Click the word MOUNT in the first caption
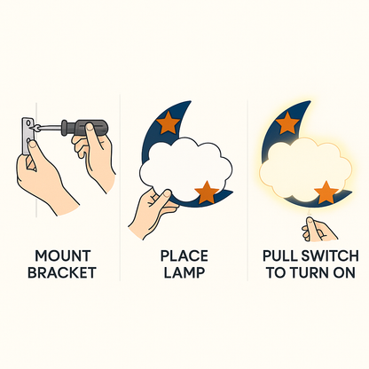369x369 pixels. pos(63,255)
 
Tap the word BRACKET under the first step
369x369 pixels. pos(62,272)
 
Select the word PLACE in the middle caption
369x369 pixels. pos(184,255)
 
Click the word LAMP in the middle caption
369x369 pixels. pos(184,272)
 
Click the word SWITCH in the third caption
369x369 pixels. pos(328,255)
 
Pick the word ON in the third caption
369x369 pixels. pos(344,272)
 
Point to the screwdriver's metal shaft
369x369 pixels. pos(48,128)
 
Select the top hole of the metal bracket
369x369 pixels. pos(28,122)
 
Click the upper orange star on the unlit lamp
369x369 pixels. pos(168,122)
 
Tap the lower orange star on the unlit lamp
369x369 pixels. pos(207,192)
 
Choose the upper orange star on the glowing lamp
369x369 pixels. pos(287,122)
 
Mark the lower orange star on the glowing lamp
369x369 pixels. pos(326,192)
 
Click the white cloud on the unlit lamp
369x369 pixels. pos(185,170)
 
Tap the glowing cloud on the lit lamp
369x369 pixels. pos(305,171)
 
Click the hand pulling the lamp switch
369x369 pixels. pos(318,230)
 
